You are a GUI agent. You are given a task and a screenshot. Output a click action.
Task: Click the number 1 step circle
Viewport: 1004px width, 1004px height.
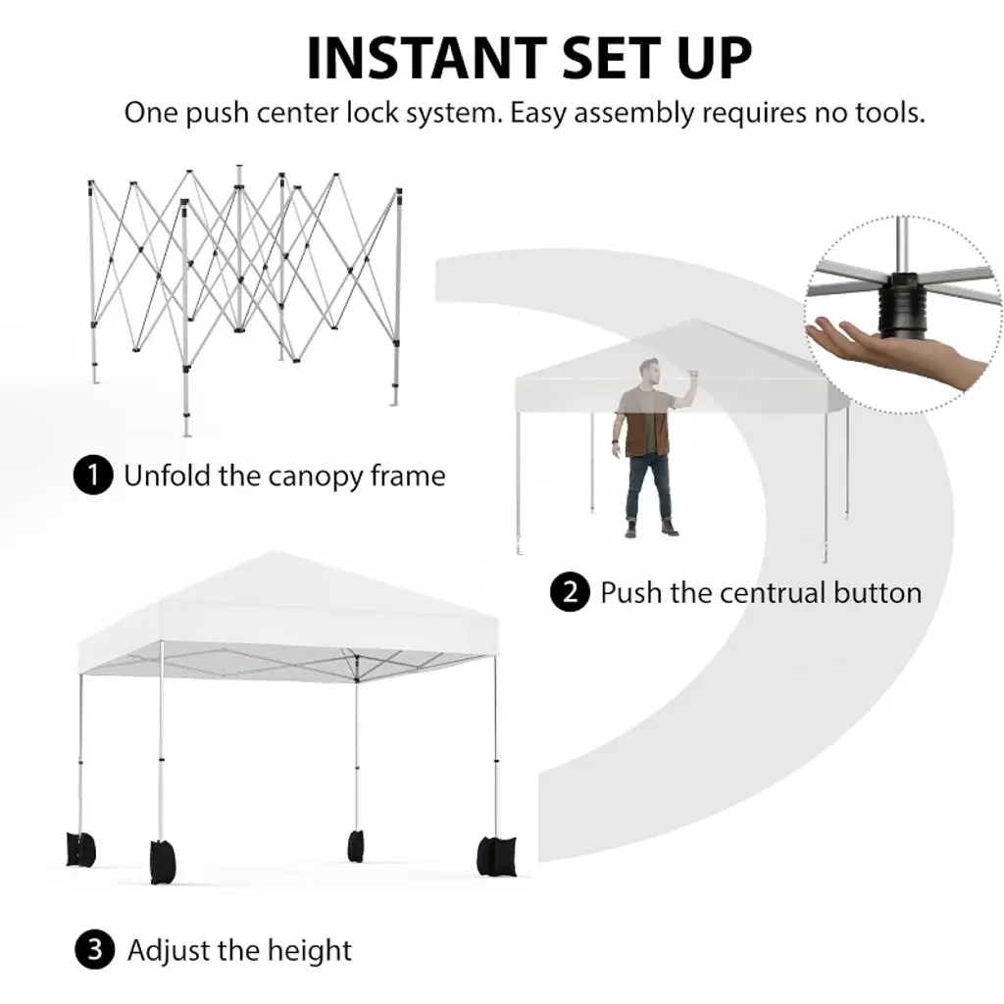[93, 476]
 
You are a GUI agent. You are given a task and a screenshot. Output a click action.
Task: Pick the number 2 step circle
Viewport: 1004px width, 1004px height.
[570, 592]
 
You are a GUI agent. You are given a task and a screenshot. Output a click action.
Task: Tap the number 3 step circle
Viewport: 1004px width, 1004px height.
[95, 949]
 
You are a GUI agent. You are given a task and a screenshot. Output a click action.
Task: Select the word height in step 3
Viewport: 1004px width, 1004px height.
[309, 950]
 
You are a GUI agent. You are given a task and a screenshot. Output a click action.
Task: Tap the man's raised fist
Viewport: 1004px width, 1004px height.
[692, 374]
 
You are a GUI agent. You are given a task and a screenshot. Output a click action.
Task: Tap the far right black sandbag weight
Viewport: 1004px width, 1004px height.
[496, 855]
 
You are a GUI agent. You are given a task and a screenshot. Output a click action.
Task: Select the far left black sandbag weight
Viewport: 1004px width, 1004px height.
[80, 849]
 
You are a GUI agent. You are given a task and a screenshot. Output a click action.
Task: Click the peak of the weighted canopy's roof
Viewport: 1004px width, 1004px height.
[276, 552]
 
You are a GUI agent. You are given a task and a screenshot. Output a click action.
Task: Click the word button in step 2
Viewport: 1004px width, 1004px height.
[878, 593]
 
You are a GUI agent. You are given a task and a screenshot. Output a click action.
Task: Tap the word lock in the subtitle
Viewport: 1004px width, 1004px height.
[364, 113]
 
